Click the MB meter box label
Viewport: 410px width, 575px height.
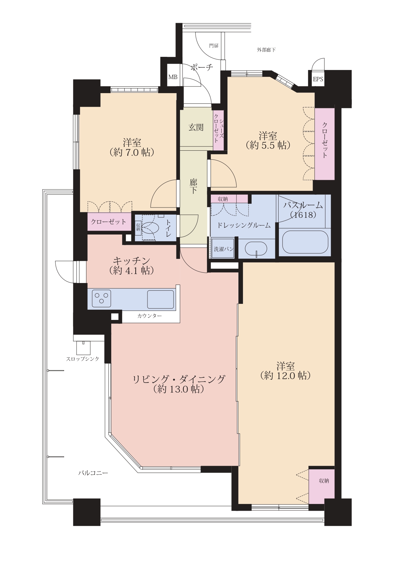(173, 77)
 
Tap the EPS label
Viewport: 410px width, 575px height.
(318, 79)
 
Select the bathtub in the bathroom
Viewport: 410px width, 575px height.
(305, 242)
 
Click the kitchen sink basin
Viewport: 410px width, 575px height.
(161, 299)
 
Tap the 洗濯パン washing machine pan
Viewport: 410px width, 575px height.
(224, 249)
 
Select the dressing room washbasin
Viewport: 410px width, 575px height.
(256, 249)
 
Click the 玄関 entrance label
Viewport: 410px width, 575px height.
(196, 127)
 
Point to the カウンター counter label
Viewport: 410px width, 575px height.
(149, 316)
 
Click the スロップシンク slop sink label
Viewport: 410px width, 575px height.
(83, 359)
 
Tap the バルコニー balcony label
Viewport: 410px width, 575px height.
(93, 473)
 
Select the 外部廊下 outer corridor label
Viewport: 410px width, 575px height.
(266, 50)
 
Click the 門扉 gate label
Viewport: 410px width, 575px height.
(214, 46)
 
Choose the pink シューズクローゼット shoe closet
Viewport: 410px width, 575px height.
(218, 130)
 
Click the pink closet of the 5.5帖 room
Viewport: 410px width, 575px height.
(325, 144)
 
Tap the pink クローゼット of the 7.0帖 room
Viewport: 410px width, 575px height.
(109, 222)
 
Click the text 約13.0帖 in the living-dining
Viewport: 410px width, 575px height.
(179, 389)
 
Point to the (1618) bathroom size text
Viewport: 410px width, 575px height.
(303, 215)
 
